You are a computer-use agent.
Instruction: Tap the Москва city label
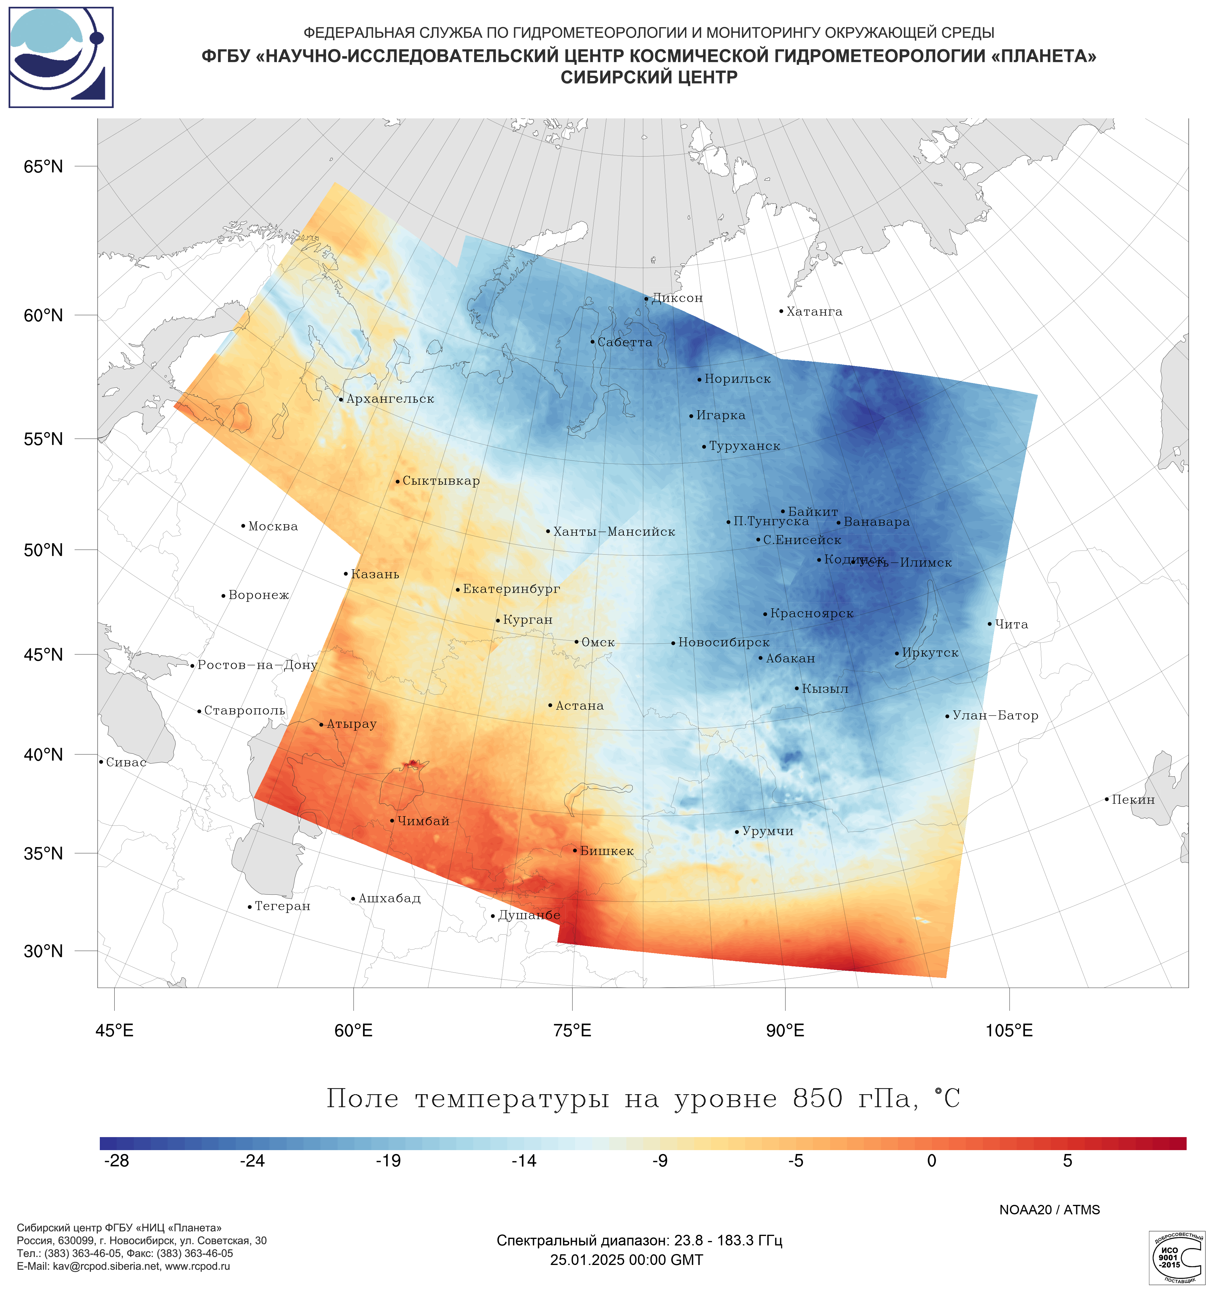[273, 526]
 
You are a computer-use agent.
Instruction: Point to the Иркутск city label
[930, 653]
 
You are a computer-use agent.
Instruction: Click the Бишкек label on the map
[606, 851]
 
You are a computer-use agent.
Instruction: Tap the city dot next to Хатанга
[781, 311]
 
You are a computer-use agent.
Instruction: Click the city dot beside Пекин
[1106, 799]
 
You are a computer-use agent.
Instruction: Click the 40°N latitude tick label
[44, 755]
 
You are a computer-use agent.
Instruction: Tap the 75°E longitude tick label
[572, 1031]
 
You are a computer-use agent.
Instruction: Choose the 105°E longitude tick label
[1009, 1031]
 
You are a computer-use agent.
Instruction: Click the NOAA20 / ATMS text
[1049, 1210]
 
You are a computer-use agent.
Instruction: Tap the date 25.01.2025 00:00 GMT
[626, 1260]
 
